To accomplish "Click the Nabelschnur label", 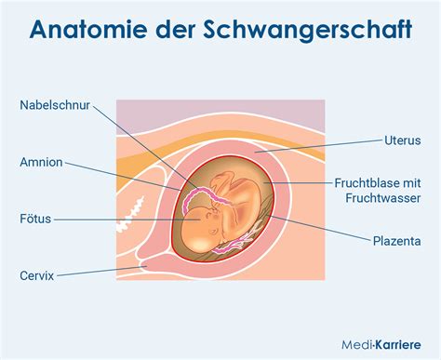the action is pyautogui.click(x=55, y=105).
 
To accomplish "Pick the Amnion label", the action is pyautogui.click(x=41, y=162).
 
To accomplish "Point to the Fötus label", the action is pyautogui.click(x=35, y=220).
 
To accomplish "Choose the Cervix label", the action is pyautogui.click(x=37, y=276).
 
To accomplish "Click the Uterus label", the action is pyautogui.click(x=403, y=140).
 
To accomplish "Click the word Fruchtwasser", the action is pyautogui.click(x=383, y=198).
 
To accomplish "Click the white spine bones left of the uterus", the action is pyautogui.click(x=127, y=222).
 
